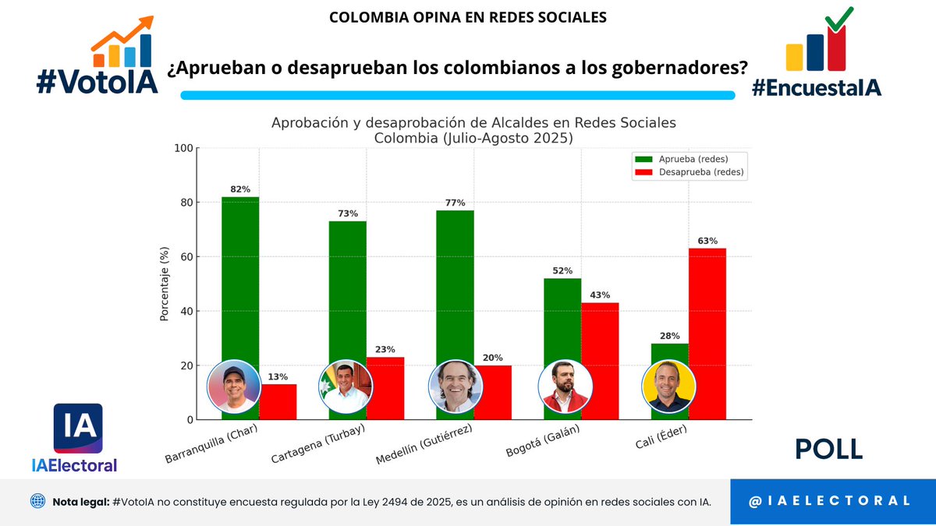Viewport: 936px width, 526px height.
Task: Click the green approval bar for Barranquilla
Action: (x=240, y=281)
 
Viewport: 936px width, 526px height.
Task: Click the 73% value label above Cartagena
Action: (x=348, y=214)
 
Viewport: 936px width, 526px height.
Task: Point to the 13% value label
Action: (x=278, y=377)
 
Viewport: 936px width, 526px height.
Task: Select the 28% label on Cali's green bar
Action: (x=669, y=336)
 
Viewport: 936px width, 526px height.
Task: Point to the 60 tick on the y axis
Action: (x=183, y=257)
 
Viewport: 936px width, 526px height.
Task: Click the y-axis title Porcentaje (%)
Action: (x=165, y=284)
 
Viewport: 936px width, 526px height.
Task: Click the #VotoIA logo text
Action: (x=97, y=80)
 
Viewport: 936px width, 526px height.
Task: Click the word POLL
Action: (x=828, y=450)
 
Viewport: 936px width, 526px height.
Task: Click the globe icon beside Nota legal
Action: (x=38, y=501)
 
